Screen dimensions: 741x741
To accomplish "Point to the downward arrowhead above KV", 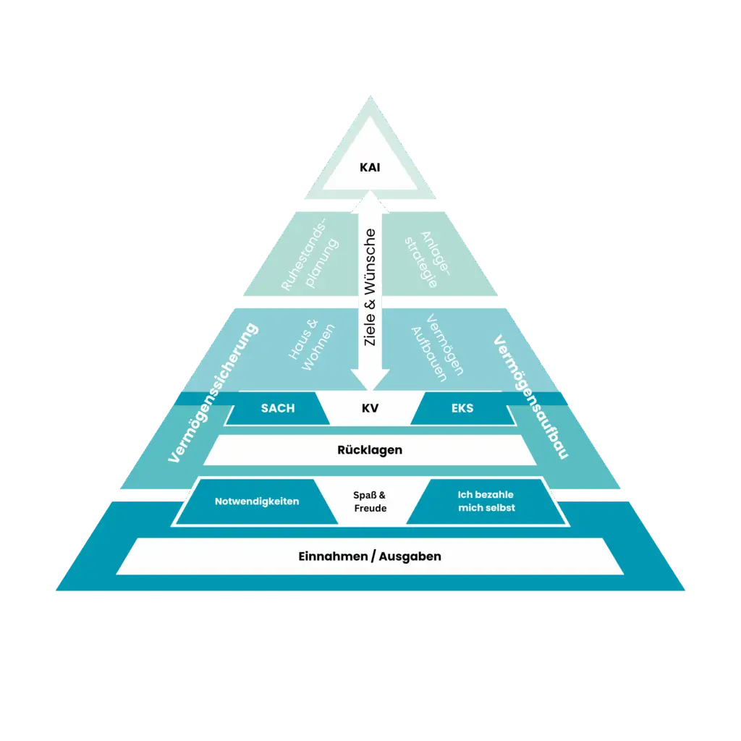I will tap(370, 379).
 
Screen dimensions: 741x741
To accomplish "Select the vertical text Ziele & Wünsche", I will tap(370, 287).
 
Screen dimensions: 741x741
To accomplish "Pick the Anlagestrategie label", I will tap(430, 259).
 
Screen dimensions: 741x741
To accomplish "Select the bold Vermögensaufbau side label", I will tap(530, 397).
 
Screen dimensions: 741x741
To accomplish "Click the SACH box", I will tap(278, 408).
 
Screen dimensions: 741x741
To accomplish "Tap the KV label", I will tap(370, 408).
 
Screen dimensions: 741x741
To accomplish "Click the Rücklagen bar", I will tap(370, 450).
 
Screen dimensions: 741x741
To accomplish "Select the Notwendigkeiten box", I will tap(257, 501).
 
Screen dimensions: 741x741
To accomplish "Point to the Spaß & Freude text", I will tap(370, 501).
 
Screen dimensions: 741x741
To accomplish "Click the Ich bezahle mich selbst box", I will tap(486, 501).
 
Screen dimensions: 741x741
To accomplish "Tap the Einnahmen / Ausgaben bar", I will tap(370, 556).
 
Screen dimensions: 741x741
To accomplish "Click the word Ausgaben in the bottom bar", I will tap(412, 556).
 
